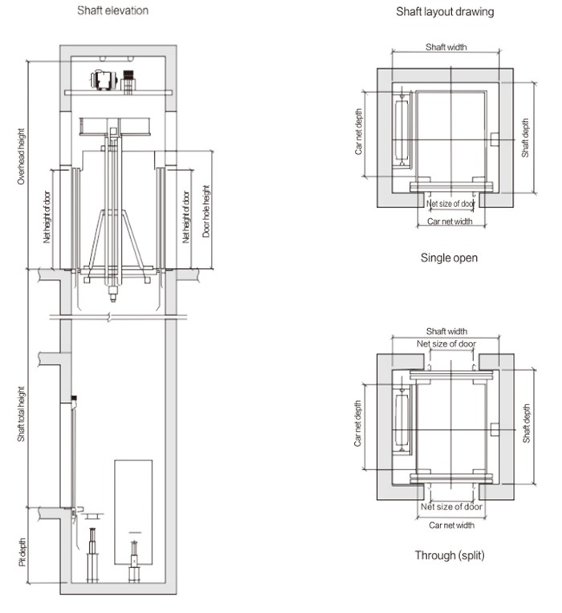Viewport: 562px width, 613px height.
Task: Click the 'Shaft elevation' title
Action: (x=112, y=10)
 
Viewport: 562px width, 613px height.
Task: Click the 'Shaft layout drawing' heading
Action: (x=445, y=12)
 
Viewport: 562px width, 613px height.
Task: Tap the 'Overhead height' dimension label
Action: (x=22, y=157)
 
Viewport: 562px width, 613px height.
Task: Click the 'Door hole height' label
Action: (x=206, y=212)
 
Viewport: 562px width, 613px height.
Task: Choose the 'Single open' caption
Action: (x=450, y=258)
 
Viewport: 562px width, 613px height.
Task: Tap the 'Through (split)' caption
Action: (x=450, y=555)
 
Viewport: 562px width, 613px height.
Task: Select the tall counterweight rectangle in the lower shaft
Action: (x=133, y=497)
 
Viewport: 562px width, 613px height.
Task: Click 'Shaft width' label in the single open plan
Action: (x=446, y=47)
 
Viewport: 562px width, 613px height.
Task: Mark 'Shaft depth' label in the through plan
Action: (x=526, y=423)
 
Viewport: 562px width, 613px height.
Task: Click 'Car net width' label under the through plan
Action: (x=450, y=525)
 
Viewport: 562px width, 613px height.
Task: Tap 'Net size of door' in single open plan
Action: (x=450, y=204)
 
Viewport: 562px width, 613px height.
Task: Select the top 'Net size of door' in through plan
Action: (x=446, y=344)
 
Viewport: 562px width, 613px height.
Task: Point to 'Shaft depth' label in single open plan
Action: (x=526, y=138)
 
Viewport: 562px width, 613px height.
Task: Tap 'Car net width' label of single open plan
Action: (x=450, y=221)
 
